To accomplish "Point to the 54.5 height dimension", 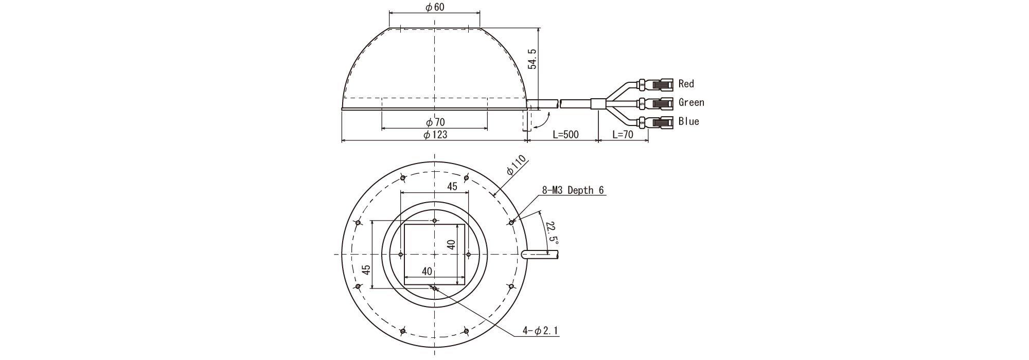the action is [x=533, y=59].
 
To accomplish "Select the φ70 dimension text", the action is [x=435, y=122].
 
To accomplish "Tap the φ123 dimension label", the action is [x=435, y=134].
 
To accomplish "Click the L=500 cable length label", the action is [x=565, y=135].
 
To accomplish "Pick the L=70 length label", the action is [x=623, y=135].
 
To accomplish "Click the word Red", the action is [x=686, y=83].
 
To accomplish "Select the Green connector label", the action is [x=691, y=102].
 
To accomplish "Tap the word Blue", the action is [x=689, y=121].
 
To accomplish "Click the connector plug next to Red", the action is [x=655, y=83].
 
